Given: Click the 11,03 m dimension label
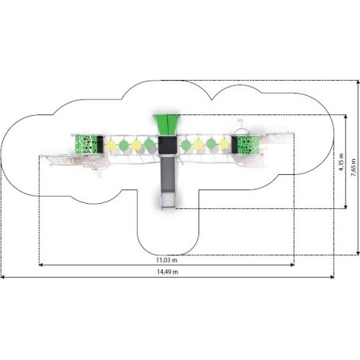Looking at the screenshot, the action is tap(167, 260).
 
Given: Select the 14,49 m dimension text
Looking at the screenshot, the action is tap(168, 272).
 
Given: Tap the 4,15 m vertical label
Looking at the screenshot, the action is tap(341, 162).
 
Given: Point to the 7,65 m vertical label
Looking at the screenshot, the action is tap(354, 168).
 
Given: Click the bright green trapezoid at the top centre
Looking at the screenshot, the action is tap(167, 125).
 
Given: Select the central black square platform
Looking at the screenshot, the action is tap(168, 145).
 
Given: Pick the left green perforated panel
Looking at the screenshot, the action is tap(86, 144).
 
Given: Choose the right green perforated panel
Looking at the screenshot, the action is tap(248, 145).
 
